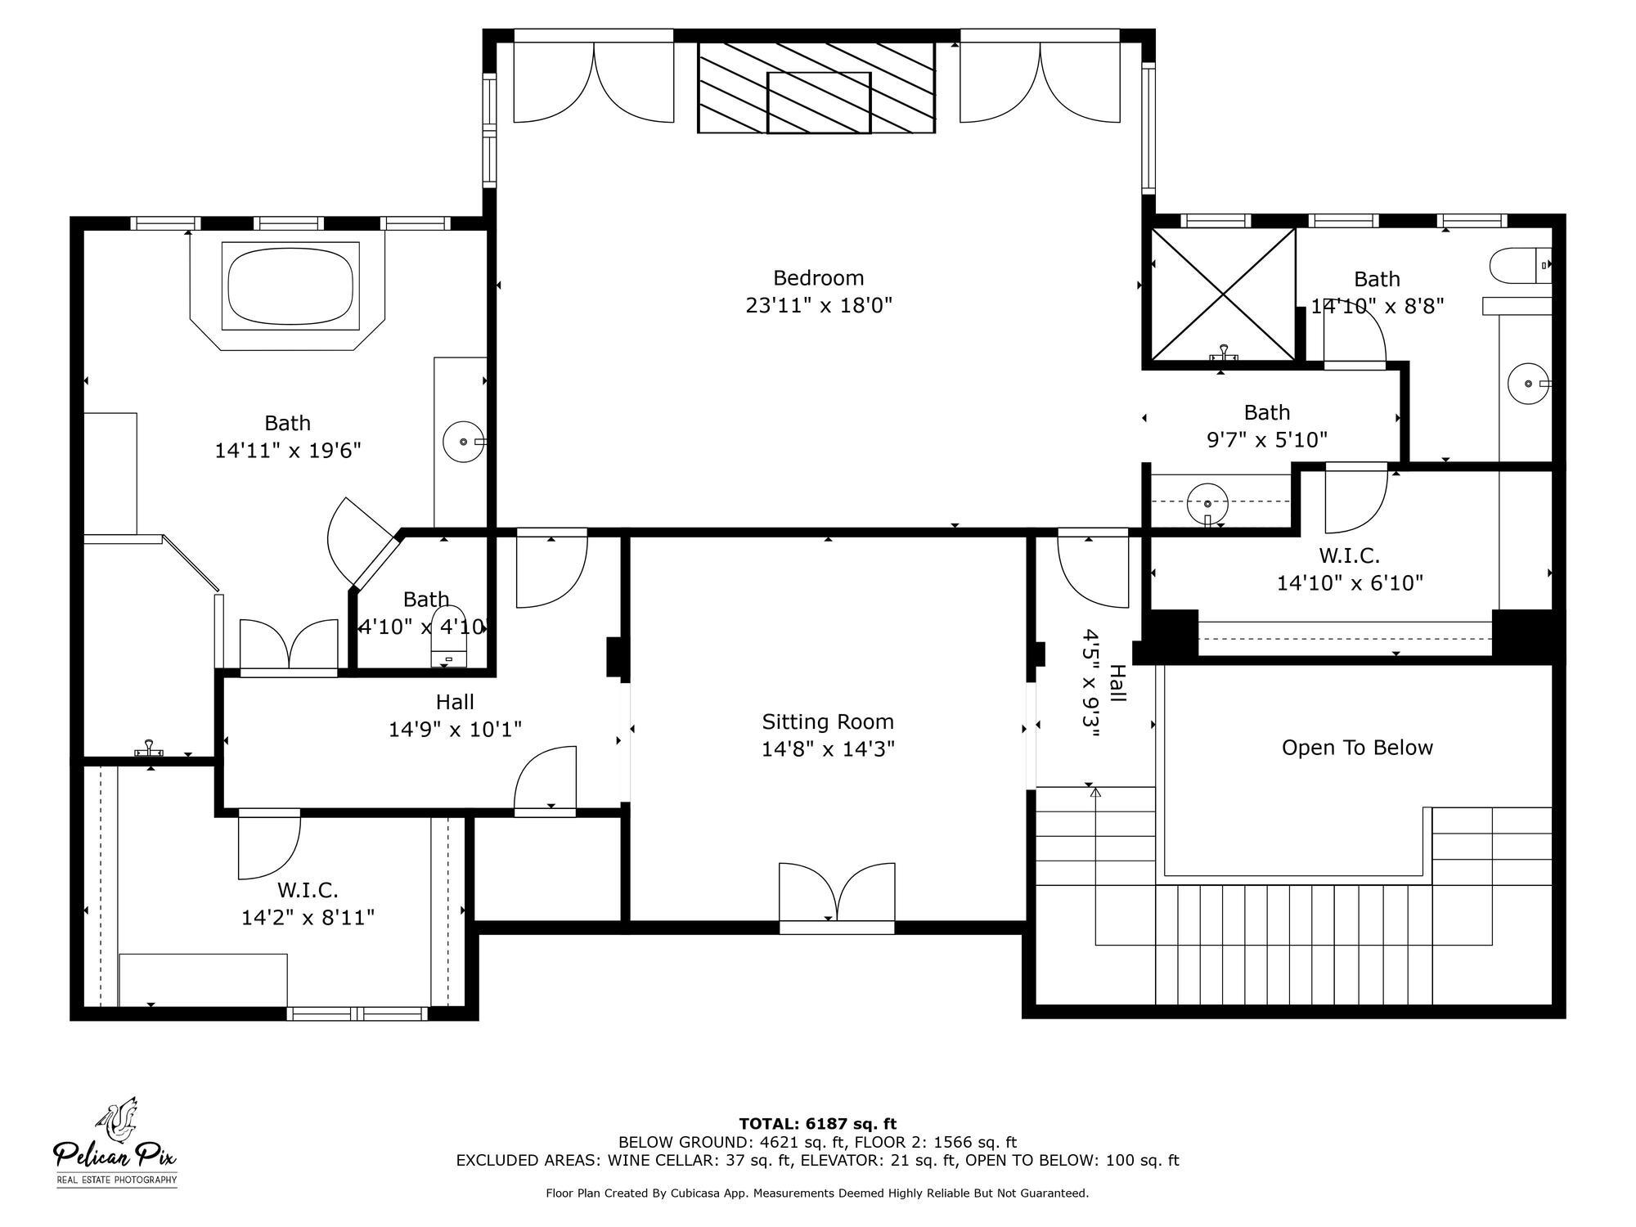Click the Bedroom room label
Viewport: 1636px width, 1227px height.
point(818,278)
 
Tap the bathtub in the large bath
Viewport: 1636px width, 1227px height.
point(290,286)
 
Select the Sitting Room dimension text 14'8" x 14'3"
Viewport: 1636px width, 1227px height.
point(828,749)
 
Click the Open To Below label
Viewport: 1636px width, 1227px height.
point(1356,748)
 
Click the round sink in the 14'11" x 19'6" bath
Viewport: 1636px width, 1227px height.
point(463,442)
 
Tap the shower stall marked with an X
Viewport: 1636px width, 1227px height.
point(1223,294)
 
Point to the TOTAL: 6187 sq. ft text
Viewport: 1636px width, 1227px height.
point(818,1124)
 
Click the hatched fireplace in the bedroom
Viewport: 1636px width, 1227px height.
point(816,88)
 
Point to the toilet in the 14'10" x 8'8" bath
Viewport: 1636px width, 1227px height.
point(1520,266)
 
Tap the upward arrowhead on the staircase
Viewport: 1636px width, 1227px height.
point(1095,792)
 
